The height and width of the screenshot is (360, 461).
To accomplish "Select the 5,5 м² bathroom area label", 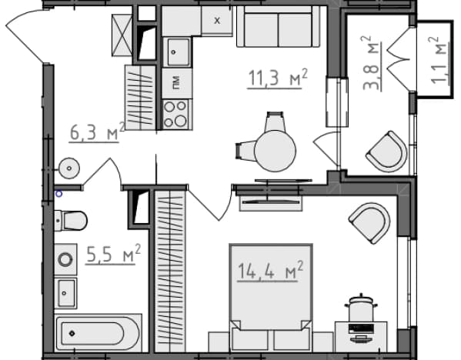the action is pyautogui.click(x=113, y=254).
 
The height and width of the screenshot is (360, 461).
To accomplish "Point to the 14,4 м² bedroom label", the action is pyautogui.click(x=270, y=271).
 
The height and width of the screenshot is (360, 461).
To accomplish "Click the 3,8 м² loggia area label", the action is pyautogui.click(x=371, y=62).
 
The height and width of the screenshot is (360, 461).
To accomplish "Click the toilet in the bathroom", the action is pyautogui.click(x=71, y=221).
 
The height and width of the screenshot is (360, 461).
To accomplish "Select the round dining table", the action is pyautogui.click(x=275, y=151).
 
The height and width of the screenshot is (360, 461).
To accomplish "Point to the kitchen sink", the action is pyautogui.click(x=177, y=52).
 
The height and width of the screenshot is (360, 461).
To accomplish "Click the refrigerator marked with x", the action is pyautogui.click(x=217, y=21).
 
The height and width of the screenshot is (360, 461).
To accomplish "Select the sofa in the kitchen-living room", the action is pyautogui.click(x=278, y=26).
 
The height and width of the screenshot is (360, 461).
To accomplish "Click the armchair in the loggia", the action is pyautogui.click(x=387, y=152).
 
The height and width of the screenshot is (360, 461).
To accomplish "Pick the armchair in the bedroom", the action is pyautogui.click(x=370, y=223).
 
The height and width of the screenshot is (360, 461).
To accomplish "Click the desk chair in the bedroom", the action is pyautogui.click(x=361, y=308).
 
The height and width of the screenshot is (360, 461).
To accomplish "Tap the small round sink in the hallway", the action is pyautogui.click(x=69, y=168).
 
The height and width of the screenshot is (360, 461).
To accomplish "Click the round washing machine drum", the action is pyautogui.click(x=65, y=260).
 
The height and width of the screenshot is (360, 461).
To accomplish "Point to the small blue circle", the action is pyautogui.click(x=59, y=194).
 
